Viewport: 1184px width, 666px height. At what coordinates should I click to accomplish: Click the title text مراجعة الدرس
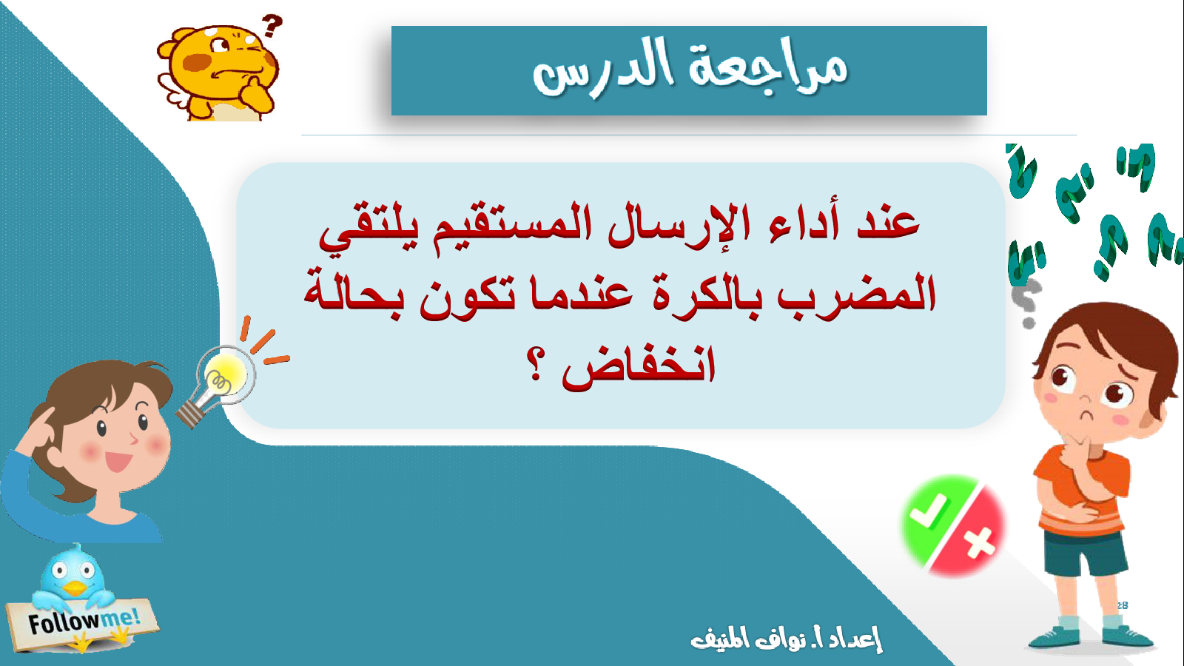point(690,70)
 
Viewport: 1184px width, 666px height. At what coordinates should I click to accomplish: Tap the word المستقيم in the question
point(505,226)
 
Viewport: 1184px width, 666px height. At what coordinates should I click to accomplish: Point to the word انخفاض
point(639,366)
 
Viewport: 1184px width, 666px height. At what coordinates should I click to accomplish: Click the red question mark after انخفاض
point(536,365)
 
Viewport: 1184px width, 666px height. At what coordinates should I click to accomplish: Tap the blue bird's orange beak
point(74,588)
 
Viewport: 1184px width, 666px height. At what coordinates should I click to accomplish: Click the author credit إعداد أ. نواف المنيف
point(787,639)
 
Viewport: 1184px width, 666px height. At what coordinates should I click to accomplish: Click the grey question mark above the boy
point(1026,304)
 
